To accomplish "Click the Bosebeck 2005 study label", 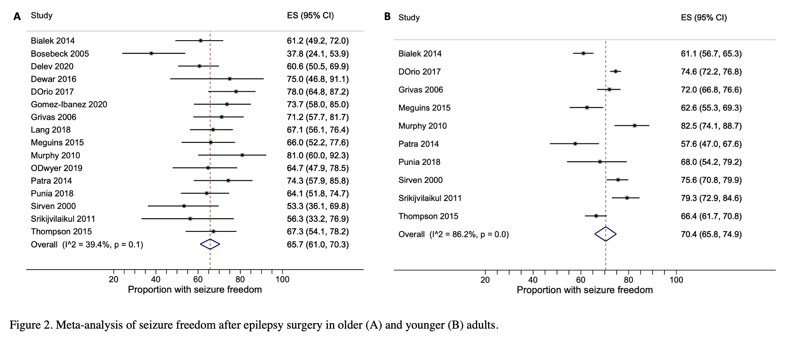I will tap(60, 54).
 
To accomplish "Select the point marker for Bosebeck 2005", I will tap(151, 53).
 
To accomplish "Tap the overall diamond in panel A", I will tap(210, 244).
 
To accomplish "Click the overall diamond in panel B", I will tap(605, 234).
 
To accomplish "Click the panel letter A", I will tap(17, 16).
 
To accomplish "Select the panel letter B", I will tap(387, 17).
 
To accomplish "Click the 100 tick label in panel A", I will tap(282, 280).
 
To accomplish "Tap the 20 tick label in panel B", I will tap(485, 280).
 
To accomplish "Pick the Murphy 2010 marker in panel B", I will tap(634, 126).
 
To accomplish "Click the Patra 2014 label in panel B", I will tap(418, 144).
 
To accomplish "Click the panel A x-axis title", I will tap(195, 290).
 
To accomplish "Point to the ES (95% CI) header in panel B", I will tap(704, 18).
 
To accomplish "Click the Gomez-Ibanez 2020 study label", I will tap(69, 104).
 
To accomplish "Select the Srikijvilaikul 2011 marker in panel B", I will tap(627, 198).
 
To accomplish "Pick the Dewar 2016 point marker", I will tap(229, 79).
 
